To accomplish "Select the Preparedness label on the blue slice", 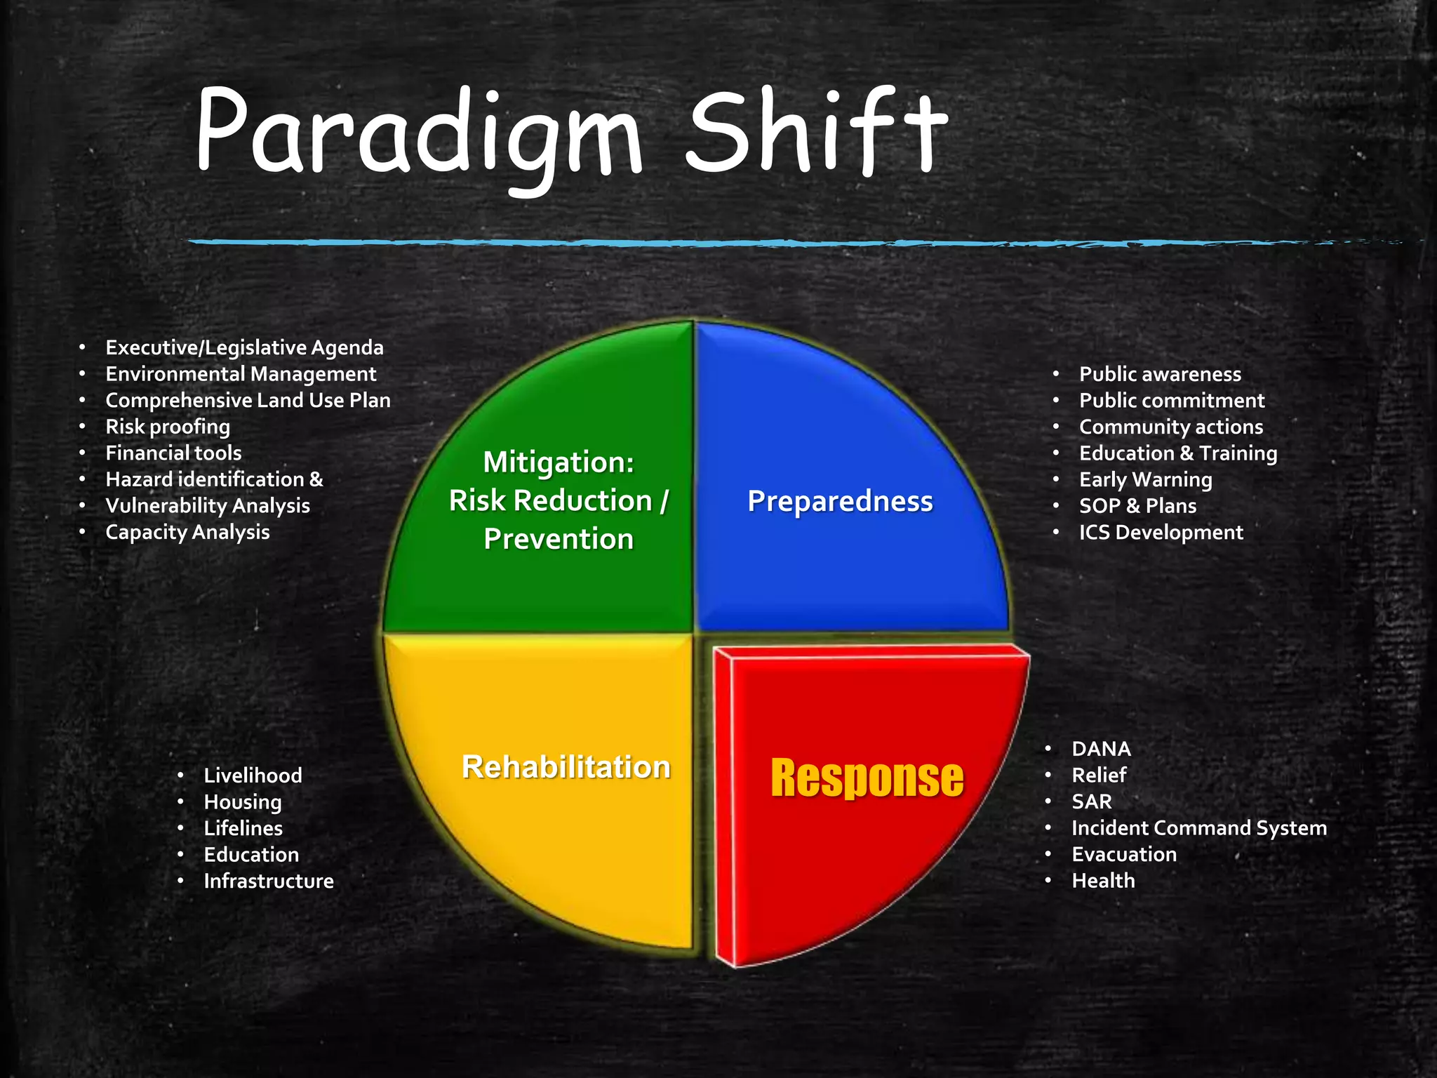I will pyautogui.click(x=840, y=501).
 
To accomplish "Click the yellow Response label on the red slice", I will pyautogui.click(x=867, y=778).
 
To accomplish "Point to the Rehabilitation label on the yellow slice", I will pyautogui.click(x=566, y=766).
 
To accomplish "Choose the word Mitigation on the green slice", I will pyautogui.click(x=559, y=463).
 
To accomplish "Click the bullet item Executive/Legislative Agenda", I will pyautogui.click(x=244, y=347).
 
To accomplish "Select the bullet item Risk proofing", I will pyautogui.click(x=168, y=427).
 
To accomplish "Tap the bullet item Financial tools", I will pyautogui.click(x=173, y=453).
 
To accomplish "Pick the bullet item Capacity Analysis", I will pyautogui.click(x=187, y=532).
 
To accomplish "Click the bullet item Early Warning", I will pyautogui.click(x=1145, y=479).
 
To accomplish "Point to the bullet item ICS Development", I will pyautogui.click(x=1161, y=532).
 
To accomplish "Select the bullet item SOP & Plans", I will pyautogui.click(x=1137, y=505).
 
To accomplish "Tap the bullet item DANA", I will pyautogui.click(x=1101, y=749).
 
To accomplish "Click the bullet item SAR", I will pyautogui.click(x=1092, y=801).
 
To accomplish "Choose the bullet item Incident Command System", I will pyautogui.click(x=1199, y=828).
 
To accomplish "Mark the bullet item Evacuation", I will pyautogui.click(x=1124, y=854).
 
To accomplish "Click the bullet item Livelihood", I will pyautogui.click(x=253, y=776).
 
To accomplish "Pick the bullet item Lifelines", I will pyautogui.click(x=243, y=828).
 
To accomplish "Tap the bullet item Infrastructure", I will pyautogui.click(x=269, y=881).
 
